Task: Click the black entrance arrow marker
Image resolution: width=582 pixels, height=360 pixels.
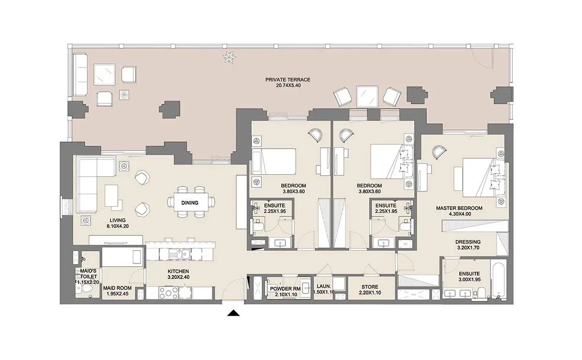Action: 233,313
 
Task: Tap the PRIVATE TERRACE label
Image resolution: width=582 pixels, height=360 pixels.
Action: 288,80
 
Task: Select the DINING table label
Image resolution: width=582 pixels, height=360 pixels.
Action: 190,203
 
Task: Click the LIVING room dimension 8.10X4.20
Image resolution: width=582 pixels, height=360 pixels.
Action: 118,226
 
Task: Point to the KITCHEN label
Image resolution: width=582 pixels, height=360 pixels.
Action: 178,271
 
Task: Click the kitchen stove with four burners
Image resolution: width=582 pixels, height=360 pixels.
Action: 168,293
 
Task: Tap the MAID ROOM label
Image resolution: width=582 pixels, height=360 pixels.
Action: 117,288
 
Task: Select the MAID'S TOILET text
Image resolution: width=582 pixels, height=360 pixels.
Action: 88,274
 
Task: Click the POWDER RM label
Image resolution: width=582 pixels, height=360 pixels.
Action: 285,289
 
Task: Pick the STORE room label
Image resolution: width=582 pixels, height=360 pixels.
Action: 370,287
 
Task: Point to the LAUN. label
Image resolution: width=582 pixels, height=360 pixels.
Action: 324,286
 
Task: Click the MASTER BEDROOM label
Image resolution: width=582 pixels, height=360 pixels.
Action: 459,208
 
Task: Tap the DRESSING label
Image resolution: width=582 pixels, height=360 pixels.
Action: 468,242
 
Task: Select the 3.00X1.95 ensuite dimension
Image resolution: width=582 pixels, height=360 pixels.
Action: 469,279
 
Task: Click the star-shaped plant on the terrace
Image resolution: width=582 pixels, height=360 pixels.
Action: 229,57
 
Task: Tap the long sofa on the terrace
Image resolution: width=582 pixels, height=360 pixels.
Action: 80,75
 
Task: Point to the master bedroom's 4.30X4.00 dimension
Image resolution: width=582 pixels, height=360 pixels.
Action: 460,214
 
